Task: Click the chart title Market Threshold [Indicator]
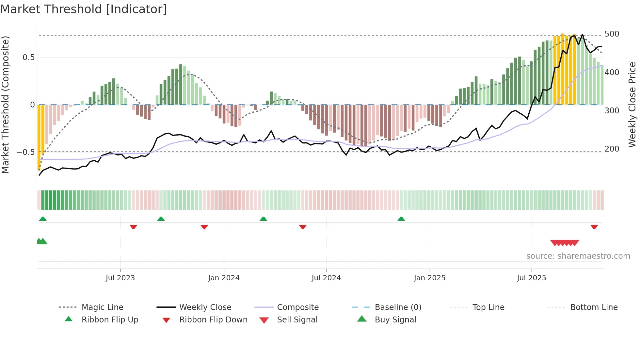[x=84, y=9]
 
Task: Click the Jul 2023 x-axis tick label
[x=120, y=278]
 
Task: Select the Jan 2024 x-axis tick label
[x=224, y=278]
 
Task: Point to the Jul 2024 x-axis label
[x=326, y=278]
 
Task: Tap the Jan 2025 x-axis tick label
[x=429, y=278]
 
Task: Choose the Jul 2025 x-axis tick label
[x=531, y=278]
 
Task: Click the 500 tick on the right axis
[x=612, y=34]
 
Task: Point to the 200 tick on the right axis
[x=612, y=149]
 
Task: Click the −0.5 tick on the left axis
[x=25, y=152]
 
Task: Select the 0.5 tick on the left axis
[x=28, y=57]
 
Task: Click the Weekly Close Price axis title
[x=632, y=105]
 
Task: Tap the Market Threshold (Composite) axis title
[x=5, y=105]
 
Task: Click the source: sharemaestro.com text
[x=578, y=256]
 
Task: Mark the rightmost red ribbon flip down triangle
[x=594, y=227]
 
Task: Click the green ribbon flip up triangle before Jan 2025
[x=401, y=219]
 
